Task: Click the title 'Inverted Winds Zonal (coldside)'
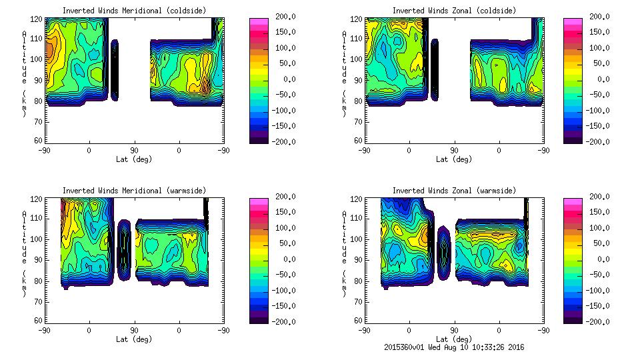pyautogui.click(x=453, y=11)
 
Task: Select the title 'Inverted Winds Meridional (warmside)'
pyautogui.click(x=134, y=191)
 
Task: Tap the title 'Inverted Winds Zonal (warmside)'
pyautogui.click(x=453, y=191)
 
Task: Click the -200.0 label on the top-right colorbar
pyautogui.click(x=596, y=141)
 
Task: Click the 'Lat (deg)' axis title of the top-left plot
pyautogui.click(x=134, y=159)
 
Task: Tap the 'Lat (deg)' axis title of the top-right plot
pyautogui.click(x=453, y=159)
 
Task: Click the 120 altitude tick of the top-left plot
pyautogui.click(x=38, y=19)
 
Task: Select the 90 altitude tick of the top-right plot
pyautogui.click(x=358, y=80)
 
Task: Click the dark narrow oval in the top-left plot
pyautogui.click(x=114, y=69)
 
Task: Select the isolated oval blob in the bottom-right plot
pyautogui.click(x=444, y=254)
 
